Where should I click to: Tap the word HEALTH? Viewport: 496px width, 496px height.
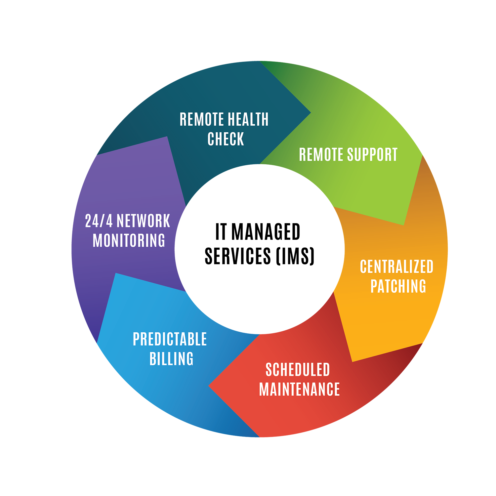point(248,119)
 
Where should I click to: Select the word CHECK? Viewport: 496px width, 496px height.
point(226,139)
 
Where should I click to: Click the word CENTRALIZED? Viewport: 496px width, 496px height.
point(396,267)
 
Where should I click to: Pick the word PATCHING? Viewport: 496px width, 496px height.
point(398,286)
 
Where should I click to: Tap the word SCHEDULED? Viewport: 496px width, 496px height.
point(298,370)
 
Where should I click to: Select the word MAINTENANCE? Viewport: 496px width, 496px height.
point(299,390)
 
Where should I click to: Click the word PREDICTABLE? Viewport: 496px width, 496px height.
point(170,339)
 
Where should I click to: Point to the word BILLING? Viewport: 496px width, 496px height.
point(171,359)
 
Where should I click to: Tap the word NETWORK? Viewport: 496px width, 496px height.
point(144,221)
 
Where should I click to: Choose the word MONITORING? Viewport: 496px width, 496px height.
point(129,241)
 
